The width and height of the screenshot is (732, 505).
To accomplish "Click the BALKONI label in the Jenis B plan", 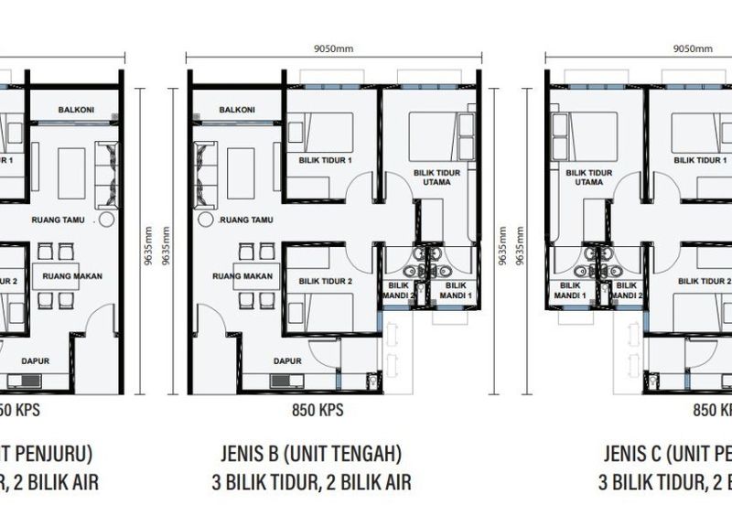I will pyautogui.click(x=237, y=110).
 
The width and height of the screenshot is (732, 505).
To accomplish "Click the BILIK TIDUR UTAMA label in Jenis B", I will pyautogui.click(x=436, y=177).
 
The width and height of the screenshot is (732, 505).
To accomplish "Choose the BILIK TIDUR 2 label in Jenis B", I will pyautogui.click(x=325, y=282).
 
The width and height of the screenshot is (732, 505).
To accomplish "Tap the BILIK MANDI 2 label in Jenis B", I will pyautogui.click(x=400, y=290).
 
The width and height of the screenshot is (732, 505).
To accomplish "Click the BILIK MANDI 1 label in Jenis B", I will pyautogui.click(x=450, y=290).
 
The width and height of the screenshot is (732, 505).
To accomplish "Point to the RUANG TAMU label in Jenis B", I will pyautogui.click(x=247, y=220).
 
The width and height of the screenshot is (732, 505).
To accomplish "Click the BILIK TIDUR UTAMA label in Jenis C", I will pyautogui.click(x=589, y=177).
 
